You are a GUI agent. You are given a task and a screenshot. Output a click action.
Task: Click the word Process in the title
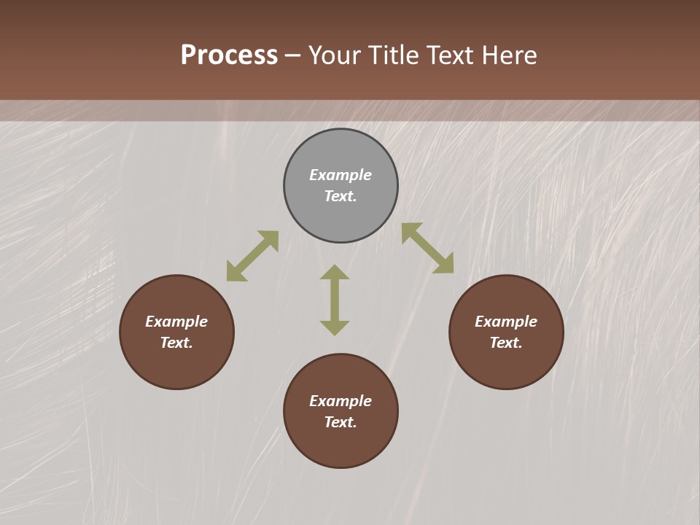pyautogui.click(x=229, y=55)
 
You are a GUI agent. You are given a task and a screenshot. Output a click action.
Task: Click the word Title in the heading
pyautogui.click(x=394, y=55)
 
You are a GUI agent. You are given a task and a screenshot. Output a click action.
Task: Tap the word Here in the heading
pyautogui.click(x=508, y=55)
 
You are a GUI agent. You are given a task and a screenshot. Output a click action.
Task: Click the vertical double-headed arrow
pyautogui.click(x=335, y=300)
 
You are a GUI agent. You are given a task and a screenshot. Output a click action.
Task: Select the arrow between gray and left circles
pyautogui.click(x=252, y=256)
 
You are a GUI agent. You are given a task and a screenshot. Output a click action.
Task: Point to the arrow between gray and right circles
pyautogui.click(x=427, y=248)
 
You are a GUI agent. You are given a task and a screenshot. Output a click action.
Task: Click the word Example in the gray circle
pyautogui.click(x=341, y=175)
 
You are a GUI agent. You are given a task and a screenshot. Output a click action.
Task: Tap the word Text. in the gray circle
pyautogui.click(x=341, y=196)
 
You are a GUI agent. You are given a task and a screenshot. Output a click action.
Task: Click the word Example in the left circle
pyautogui.click(x=176, y=322)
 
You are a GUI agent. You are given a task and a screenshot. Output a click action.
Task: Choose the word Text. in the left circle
pyautogui.click(x=176, y=343)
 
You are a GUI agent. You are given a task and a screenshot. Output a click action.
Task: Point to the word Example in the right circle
pyautogui.click(x=506, y=322)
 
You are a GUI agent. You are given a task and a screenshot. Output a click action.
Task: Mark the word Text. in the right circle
pyautogui.click(x=506, y=343)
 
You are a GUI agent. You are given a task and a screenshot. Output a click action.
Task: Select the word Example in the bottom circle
pyautogui.click(x=341, y=401)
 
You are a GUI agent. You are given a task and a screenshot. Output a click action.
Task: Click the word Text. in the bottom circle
pyautogui.click(x=341, y=422)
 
